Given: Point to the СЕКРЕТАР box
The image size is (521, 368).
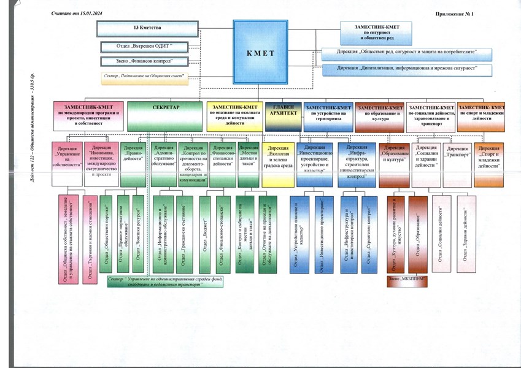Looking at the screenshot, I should click(165, 115).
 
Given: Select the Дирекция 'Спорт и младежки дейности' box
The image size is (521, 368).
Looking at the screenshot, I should click(489, 155).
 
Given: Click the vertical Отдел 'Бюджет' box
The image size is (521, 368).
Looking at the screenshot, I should click(205, 235).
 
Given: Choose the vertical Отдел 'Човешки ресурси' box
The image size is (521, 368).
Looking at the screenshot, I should click(138, 235).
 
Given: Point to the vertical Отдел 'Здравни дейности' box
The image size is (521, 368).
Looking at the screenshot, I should click(468, 233).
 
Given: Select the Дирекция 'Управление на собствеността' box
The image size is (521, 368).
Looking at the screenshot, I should click(66, 156).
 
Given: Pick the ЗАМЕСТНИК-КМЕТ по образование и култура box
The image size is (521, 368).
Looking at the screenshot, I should click(379, 115).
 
